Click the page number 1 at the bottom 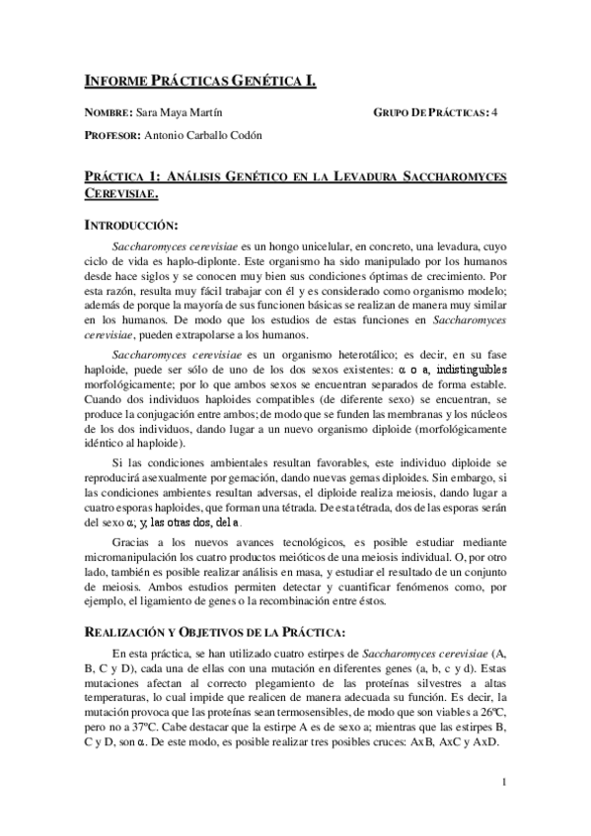tap(504, 783)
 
